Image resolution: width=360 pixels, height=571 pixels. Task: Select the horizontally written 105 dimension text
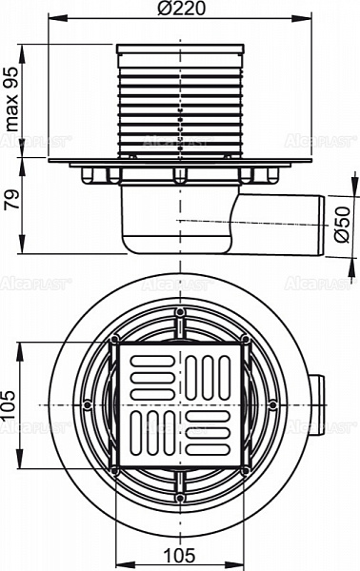(181, 555)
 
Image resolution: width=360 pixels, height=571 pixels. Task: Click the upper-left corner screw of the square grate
(115, 339)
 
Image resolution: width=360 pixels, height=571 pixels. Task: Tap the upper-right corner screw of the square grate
(245, 339)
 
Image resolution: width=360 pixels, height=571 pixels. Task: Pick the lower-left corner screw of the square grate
(115, 469)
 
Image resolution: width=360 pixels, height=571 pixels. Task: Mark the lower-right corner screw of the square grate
(245, 469)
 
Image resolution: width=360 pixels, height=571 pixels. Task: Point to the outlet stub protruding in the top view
(318, 404)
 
